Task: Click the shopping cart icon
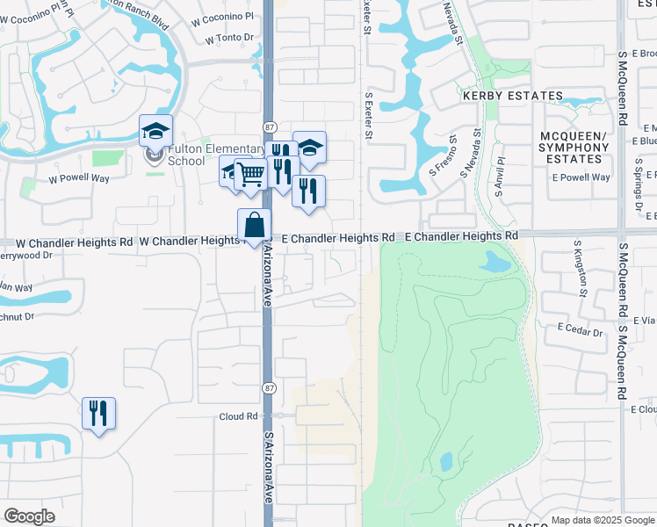[x=250, y=176]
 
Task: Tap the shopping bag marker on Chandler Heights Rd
[x=254, y=225]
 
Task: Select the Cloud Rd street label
[x=239, y=416]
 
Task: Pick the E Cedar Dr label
[x=580, y=333]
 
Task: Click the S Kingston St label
[x=581, y=269]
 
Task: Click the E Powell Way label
[x=581, y=177]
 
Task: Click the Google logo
[x=30, y=516]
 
